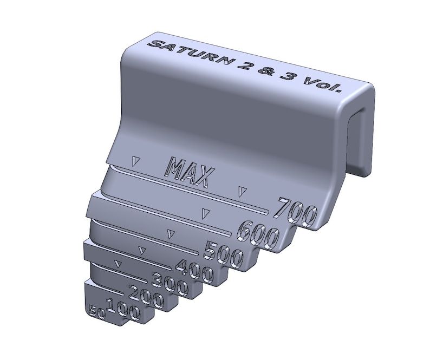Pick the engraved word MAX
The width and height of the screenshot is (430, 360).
tap(190, 173)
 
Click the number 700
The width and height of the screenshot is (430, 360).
tap(295, 212)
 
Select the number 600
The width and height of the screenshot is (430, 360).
tap(258, 234)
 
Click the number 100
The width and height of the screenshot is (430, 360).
tap(123, 310)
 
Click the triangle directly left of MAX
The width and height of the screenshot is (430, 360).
tap(136, 161)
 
